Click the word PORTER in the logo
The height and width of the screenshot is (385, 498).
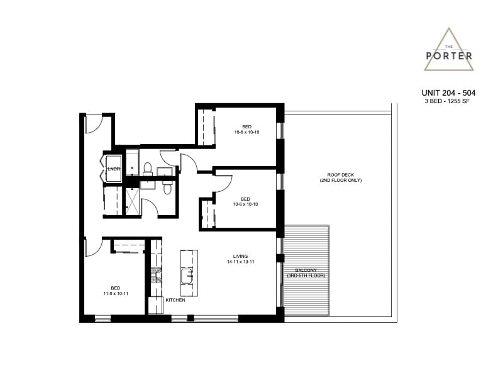pos(449,56)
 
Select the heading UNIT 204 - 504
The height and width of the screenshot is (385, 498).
pos(448,92)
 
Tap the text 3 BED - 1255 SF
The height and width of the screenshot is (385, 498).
pos(447,101)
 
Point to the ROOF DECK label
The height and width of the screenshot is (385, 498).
pos(340,175)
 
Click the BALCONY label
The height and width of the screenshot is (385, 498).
pos(306,271)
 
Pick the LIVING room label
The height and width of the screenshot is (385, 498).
pos(240,256)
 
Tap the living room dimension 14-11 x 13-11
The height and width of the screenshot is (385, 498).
pos(241,262)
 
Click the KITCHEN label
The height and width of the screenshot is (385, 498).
pos(175,300)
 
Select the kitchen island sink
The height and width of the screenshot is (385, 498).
pos(187,276)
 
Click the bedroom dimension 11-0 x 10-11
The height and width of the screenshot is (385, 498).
pos(116,294)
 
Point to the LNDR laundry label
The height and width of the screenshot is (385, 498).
pos(114,169)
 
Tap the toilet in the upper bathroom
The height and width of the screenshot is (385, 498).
pos(148,169)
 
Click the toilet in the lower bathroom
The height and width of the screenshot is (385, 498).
pos(167,187)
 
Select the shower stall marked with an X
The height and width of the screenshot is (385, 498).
pos(133,201)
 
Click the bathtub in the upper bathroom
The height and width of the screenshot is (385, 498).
pos(132,162)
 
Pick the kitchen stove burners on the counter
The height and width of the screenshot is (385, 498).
pos(156,275)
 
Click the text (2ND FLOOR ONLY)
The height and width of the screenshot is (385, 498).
pos(340,181)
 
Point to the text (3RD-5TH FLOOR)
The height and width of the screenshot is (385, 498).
pos(306,276)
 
